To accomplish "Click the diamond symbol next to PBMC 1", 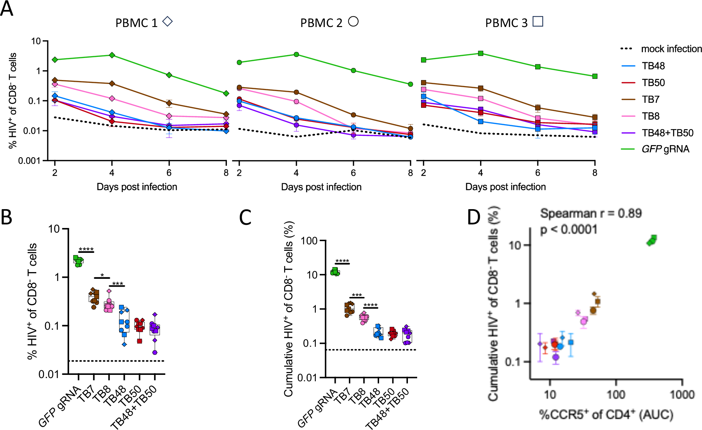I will coord(167,22).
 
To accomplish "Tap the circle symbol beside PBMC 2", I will coord(353,21).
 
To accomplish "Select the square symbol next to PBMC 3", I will coord(538,21).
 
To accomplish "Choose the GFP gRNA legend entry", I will coord(665,149).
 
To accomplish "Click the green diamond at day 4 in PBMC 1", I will coord(112,55).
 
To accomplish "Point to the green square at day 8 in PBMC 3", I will coord(595,76).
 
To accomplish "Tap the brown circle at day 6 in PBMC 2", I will coord(353,115).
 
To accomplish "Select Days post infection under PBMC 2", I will coord(321,187).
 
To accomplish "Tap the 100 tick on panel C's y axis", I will coord(309,241).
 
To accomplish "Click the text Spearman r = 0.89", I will coord(591,213).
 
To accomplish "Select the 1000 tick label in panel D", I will coord(682,394).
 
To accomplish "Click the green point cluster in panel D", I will coord(652,240).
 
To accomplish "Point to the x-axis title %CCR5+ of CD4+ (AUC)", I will coord(606,415).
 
